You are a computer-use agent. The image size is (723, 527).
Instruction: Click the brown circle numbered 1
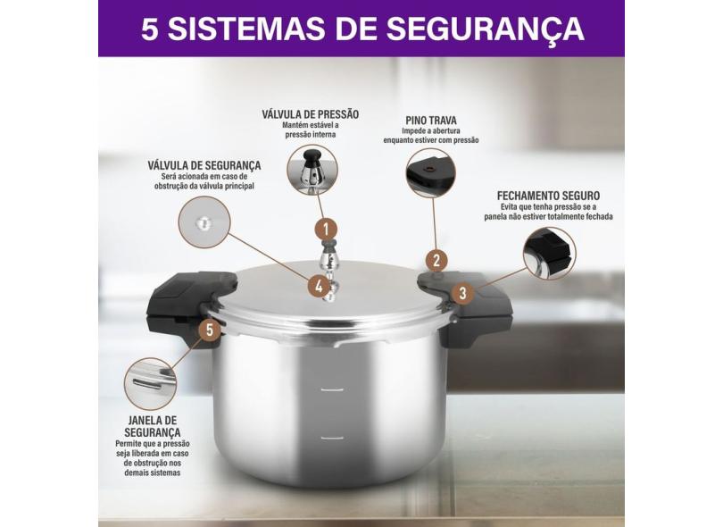click(326, 230)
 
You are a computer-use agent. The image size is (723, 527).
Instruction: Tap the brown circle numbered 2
click(436, 261)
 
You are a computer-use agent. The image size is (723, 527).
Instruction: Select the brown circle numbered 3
click(462, 293)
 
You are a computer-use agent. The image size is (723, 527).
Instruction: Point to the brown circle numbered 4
click(319, 287)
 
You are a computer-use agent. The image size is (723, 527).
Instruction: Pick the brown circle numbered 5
click(210, 330)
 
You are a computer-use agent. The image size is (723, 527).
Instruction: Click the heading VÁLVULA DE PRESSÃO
click(311, 114)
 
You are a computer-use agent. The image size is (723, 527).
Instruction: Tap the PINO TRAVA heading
click(431, 121)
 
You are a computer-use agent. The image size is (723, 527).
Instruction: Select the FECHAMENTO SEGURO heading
click(548, 196)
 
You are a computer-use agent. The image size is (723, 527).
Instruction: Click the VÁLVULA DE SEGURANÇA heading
click(204, 165)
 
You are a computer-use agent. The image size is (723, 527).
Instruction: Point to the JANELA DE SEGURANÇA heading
click(152, 426)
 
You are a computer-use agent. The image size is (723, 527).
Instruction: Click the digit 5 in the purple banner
click(149, 29)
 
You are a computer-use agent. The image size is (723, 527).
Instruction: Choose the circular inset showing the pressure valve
click(312, 170)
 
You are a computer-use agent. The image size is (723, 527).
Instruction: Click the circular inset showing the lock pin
click(431, 172)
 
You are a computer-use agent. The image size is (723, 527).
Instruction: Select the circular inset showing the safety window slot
click(150, 384)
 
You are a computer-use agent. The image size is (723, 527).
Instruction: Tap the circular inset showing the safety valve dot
click(204, 222)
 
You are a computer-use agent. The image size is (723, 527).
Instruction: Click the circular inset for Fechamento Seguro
click(550, 254)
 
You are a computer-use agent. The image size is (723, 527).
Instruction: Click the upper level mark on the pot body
click(332, 390)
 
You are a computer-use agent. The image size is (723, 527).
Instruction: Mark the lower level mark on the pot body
click(332, 438)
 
